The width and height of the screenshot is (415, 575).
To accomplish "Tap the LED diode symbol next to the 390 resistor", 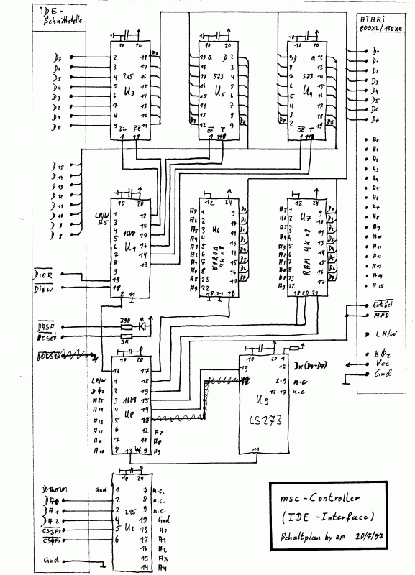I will tap(142, 326).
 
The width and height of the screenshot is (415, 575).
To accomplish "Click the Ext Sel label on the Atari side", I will tap(382, 305).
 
